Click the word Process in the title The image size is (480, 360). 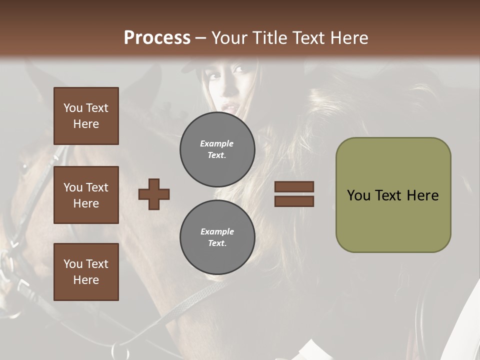point(157,38)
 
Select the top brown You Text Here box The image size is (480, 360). point(86,116)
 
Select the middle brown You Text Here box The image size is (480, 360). point(86,195)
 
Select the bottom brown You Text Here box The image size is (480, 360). point(86,272)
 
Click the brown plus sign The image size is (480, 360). point(154,194)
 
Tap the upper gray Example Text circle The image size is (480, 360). point(217,149)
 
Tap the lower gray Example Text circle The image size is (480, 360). point(217,237)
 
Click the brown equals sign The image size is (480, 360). point(294,194)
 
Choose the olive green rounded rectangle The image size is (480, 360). point(393,195)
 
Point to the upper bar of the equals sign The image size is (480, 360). point(294,186)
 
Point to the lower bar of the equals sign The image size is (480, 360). point(294,201)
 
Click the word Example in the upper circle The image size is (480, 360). point(217,143)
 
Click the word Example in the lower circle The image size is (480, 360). point(217,231)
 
